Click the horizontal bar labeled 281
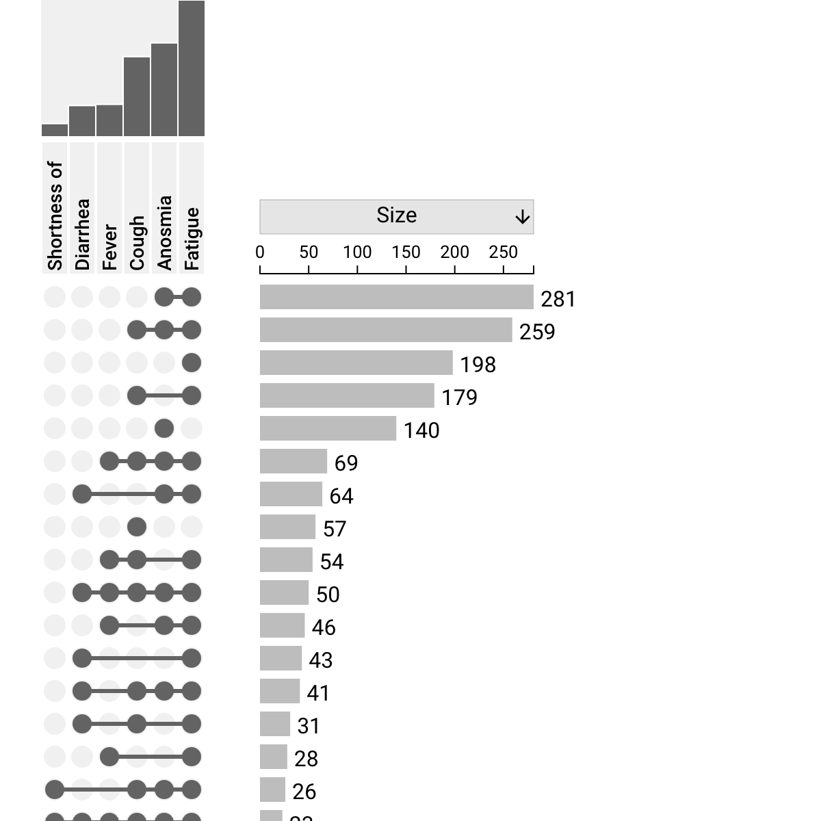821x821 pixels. [x=396, y=297]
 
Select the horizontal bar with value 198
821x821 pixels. [x=356, y=363]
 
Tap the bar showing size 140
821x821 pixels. [x=328, y=428]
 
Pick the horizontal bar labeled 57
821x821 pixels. [x=287, y=527]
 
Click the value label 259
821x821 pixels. [x=537, y=332]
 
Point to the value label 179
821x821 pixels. [x=459, y=398]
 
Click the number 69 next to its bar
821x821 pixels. [x=346, y=463]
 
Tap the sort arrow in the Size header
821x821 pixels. [x=522, y=218]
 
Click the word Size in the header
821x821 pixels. [x=396, y=216]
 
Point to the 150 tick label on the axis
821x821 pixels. [x=406, y=252]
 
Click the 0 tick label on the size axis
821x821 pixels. [x=260, y=252]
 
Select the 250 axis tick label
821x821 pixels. [x=503, y=252]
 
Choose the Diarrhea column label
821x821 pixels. [x=82, y=234]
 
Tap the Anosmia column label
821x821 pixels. [x=164, y=233]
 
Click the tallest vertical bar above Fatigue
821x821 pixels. [x=192, y=68]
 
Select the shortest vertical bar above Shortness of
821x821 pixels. [x=55, y=130]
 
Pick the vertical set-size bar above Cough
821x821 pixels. [x=137, y=96]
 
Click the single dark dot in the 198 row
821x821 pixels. [x=192, y=363]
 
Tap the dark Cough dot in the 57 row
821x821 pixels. [x=137, y=527]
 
